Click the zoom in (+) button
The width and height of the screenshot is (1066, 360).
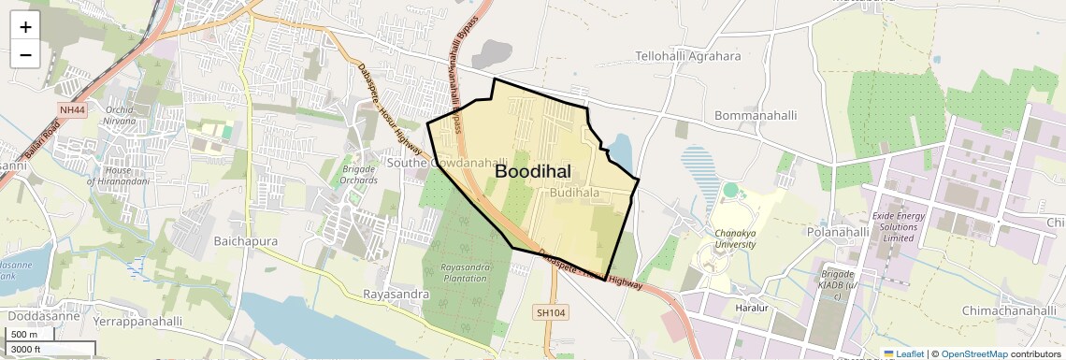point(25,27)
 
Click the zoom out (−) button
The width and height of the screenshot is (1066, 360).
point(25,54)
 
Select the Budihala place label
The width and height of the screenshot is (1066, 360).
point(574,193)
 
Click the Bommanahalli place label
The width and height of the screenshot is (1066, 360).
point(755,116)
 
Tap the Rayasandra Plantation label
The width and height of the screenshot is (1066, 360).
point(466,273)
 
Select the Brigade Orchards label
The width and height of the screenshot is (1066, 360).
point(358,175)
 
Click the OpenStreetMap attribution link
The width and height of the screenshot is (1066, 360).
point(973,353)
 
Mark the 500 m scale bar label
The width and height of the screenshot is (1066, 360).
point(23,335)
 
